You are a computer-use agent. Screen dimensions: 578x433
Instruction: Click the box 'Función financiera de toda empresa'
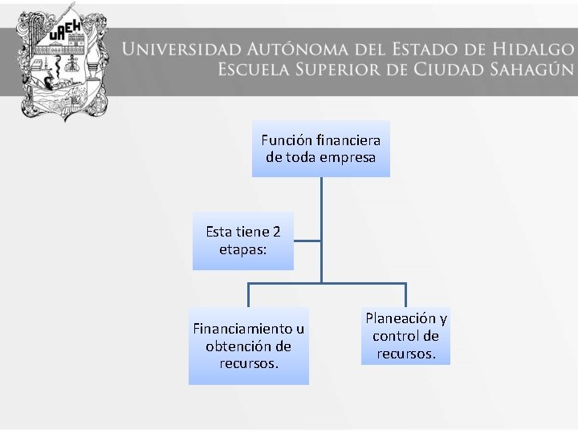[x=320, y=148]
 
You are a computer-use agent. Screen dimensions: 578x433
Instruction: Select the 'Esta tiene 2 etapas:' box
[x=242, y=241]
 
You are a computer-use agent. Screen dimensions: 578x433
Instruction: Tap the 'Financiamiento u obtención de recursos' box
[x=248, y=346]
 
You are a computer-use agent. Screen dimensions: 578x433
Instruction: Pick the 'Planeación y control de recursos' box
[x=405, y=335]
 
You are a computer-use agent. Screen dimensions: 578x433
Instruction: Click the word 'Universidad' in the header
[x=184, y=50]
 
